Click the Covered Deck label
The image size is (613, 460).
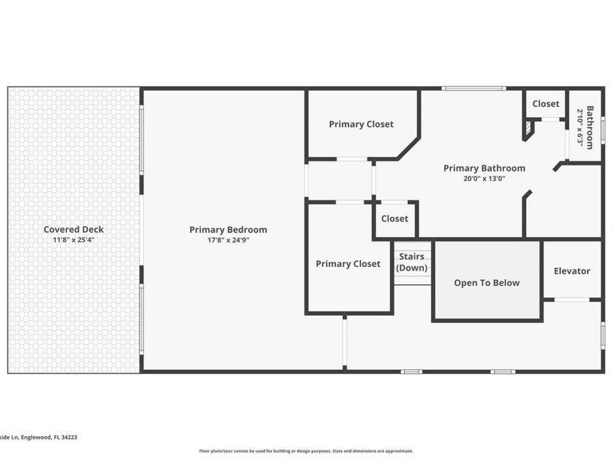click(x=74, y=229)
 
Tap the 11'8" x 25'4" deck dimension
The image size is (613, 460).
click(x=74, y=240)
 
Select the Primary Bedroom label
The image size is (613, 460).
click(x=228, y=230)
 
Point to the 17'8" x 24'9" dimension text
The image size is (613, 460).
click(x=228, y=240)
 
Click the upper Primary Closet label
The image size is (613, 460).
click(x=361, y=124)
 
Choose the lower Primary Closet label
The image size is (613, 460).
click(x=348, y=264)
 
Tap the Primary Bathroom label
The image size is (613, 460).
click(x=484, y=168)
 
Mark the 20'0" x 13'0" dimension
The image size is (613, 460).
click(x=484, y=179)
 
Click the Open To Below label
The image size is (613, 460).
click(x=487, y=283)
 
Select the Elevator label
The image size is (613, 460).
click(x=572, y=271)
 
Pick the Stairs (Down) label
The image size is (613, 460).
click(x=411, y=262)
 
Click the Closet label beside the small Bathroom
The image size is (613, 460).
click(x=546, y=104)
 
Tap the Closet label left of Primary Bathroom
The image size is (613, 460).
click(x=394, y=219)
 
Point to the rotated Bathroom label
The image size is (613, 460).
click(x=590, y=127)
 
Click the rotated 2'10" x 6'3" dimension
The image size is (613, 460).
click(x=580, y=128)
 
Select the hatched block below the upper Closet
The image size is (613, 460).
click(x=529, y=127)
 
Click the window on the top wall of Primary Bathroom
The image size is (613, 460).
click(x=474, y=89)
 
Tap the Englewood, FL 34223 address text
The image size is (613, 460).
click(x=49, y=438)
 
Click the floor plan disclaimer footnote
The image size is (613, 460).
click(x=306, y=451)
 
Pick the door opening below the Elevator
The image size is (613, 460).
click(x=572, y=300)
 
